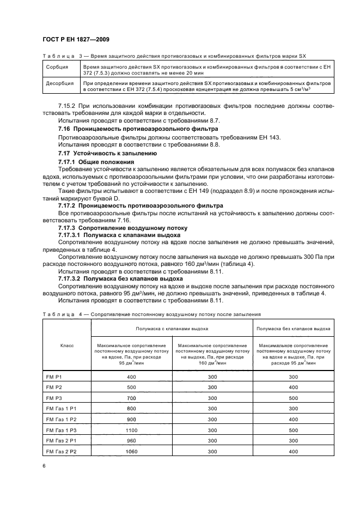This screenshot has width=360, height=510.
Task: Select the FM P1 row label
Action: (53, 377)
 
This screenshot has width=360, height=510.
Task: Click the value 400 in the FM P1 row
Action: (131, 377)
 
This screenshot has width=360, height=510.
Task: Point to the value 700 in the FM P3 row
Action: (131, 399)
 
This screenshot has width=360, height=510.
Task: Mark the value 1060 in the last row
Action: (131, 452)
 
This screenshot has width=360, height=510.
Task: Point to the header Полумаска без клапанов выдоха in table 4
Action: (293, 329)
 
